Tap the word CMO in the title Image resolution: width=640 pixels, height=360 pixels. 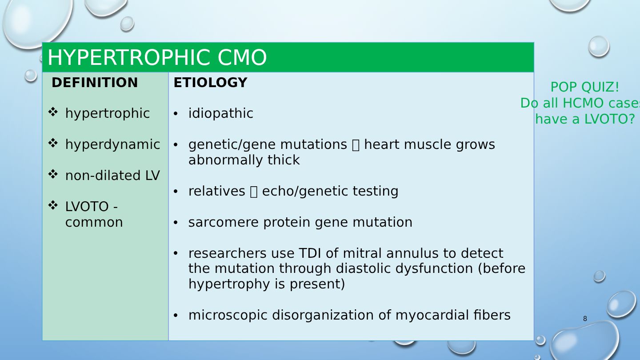tap(242, 58)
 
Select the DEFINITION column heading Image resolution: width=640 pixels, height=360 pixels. tap(95, 83)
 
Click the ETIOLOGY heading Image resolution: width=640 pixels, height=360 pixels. tap(210, 83)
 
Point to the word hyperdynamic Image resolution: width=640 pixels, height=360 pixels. tap(112, 144)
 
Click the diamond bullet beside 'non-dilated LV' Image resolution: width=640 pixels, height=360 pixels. tap(53, 174)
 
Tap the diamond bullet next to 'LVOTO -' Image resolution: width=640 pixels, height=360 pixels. tap(53, 205)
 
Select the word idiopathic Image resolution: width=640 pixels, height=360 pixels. tap(220, 113)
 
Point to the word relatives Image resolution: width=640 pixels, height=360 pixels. tap(217, 191)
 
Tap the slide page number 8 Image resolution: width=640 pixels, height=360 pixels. tap(585, 319)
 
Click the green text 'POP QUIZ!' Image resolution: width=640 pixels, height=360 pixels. tap(584, 87)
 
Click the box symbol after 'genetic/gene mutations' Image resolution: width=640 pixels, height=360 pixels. tap(356, 145)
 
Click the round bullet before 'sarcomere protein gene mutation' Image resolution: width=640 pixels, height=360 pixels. tap(176, 223)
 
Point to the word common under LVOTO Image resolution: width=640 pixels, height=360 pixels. tap(94, 222)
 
